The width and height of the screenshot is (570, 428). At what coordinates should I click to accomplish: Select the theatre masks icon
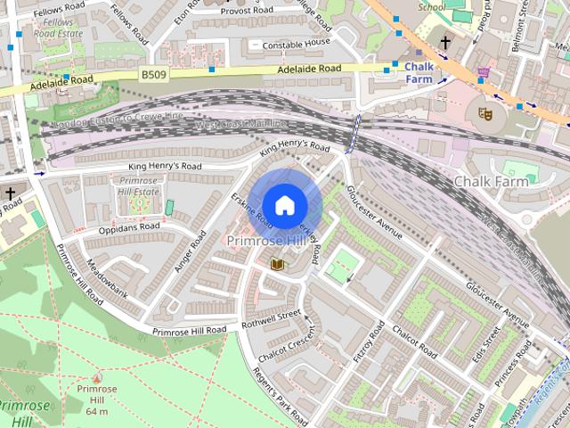(x=484, y=113)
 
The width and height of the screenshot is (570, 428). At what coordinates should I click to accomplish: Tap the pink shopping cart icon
(x=484, y=72)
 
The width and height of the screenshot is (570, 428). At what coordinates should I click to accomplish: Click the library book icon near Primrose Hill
(x=276, y=264)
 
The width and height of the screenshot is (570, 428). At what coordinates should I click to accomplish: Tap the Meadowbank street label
(x=108, y=282)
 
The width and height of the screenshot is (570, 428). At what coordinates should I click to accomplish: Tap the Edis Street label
(x=489, y=353)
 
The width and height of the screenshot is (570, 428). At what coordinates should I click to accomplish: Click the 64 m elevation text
(x=97, y=410)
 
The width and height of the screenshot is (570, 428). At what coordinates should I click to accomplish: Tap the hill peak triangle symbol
(x=97, y=378)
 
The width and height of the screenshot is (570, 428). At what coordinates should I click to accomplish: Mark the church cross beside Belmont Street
(x=445, y=42)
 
